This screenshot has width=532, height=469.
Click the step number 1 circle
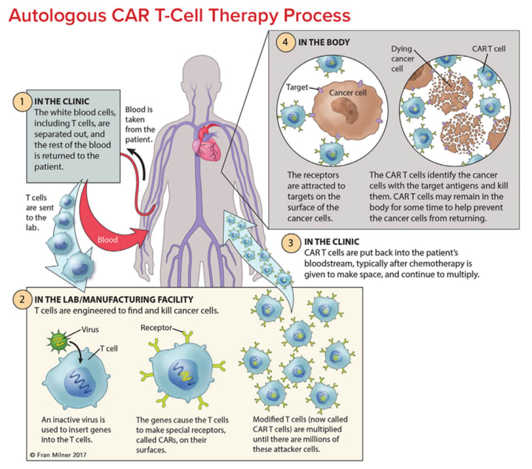22,101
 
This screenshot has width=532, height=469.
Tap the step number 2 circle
22,300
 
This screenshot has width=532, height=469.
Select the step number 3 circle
291,243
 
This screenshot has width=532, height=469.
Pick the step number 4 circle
285,43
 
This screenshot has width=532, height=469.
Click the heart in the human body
207,143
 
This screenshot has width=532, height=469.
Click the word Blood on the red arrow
107,240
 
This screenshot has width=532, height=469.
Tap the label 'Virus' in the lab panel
90,329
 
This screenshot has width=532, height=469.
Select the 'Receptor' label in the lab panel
157,328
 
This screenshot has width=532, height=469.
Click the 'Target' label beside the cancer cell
297,87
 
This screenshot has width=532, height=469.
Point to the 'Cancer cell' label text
348,92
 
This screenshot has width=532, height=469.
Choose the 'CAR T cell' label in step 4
488,49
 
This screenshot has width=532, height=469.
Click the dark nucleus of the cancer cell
345,112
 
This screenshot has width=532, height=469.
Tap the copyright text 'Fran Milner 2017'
58,455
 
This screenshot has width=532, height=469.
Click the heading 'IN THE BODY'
324,42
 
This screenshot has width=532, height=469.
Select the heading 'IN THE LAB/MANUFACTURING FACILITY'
114,300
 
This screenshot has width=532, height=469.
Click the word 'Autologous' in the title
58,16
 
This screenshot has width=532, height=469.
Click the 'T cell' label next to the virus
109,348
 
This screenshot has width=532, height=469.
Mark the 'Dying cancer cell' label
403,58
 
